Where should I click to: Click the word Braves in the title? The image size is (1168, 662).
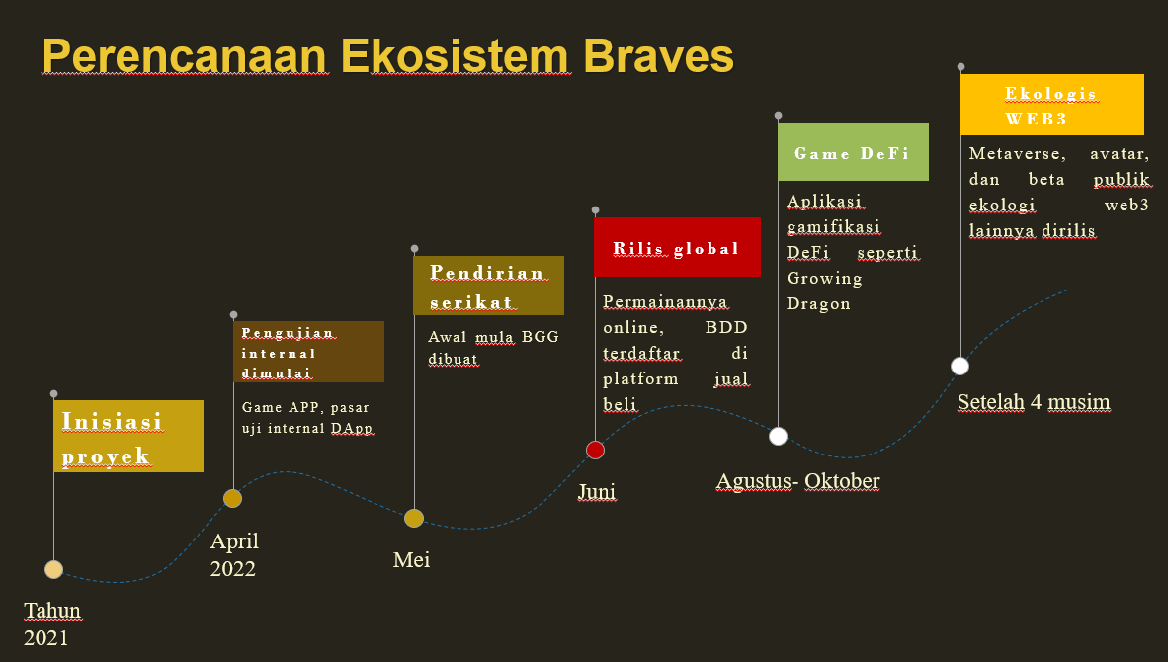[x=658, y=56]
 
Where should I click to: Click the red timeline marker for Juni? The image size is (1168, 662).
[x=595, y=450]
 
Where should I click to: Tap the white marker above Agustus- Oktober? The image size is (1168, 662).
[x=778, y=437]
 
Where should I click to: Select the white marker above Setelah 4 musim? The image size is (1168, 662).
[x=960, y=367]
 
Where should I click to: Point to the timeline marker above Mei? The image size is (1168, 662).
[x=414, y=519]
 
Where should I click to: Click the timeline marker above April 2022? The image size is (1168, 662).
[x=232, y=498]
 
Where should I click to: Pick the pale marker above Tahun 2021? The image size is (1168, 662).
[x=53, y=570]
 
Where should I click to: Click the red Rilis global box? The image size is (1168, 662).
[x=677, y=247]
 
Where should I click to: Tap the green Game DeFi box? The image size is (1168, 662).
[x=853, y=152]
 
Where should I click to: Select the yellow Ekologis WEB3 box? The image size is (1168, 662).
[x=1051, y=105]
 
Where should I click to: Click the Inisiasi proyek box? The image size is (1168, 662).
[x=128, y=437]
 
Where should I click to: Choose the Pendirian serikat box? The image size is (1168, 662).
[x=489, y=286]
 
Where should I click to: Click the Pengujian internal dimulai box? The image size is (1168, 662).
[x=308, y=352]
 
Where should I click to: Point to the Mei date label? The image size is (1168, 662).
[x=411, y=560]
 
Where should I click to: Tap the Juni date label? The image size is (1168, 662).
[x=598, y=491]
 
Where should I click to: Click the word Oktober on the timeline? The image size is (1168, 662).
[x=842, y=481]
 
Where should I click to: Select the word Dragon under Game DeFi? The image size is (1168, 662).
[x=818, y=303]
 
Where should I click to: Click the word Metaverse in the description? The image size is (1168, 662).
[x=1018, y=154]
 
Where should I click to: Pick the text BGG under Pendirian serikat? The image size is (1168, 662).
[x=541, y=337]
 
